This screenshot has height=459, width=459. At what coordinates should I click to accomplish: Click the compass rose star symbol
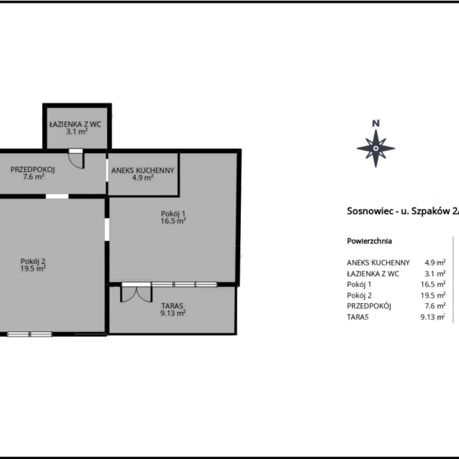tap(376, 148)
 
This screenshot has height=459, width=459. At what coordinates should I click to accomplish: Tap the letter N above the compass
tap(376, 123)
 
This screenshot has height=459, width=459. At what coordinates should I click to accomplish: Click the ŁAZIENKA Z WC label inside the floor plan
tap(75, 125)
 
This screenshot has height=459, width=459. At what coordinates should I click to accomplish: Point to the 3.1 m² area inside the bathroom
tap(76, 132)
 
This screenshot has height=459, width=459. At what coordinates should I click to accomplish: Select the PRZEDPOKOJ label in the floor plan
tap(33, 170)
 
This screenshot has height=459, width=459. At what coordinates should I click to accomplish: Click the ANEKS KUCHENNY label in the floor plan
tap(143, 171)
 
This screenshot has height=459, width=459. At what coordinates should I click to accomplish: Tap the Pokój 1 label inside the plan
tap(173, 213)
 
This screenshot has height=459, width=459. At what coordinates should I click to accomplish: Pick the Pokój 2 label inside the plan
tap(33, 261)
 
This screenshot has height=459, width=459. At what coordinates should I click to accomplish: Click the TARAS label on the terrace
tap(172, 306)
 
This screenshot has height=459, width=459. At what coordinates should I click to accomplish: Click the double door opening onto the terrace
tap(136, 293)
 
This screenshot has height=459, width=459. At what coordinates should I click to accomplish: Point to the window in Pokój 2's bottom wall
tap(30, 334)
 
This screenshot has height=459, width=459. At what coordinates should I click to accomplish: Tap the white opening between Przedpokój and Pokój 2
tap(57, 196)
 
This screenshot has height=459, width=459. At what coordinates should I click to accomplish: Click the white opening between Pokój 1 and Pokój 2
tap(107, 229)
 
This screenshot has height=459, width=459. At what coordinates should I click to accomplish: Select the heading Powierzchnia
tap(369, 241)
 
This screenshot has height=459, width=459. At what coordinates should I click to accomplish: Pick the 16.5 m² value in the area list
tap(433, 285)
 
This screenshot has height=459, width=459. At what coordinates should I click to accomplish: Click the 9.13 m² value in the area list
tap(433, 317)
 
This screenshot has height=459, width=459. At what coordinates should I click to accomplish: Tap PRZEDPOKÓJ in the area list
tap(369, 306)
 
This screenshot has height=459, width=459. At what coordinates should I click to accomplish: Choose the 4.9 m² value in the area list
tap(435, 262)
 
